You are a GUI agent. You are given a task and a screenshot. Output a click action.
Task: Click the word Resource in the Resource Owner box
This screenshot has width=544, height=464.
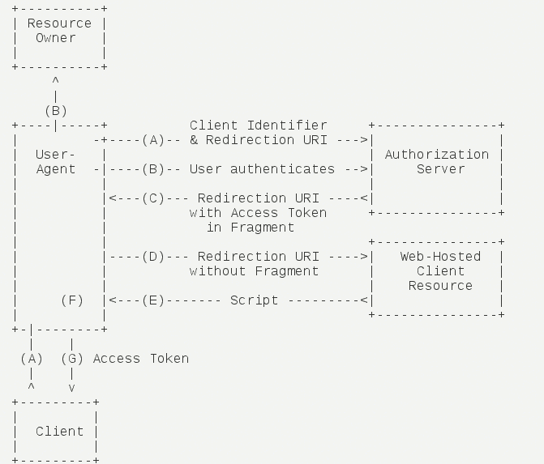click(x=59, y=23)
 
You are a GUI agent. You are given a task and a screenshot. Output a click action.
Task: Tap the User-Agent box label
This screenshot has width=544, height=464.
click(x=56, y=162)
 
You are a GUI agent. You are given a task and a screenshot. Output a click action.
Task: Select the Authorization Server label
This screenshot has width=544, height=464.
click(x=437, y=162)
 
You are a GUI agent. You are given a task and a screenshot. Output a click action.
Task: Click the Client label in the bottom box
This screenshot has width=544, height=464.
click(x=59, y=432)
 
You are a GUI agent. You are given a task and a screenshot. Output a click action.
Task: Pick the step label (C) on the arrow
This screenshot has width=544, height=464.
click(x=152, y=198)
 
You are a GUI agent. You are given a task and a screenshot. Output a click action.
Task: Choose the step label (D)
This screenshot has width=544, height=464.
click(x=152, y=257)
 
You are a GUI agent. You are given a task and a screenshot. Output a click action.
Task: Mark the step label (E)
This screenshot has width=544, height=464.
click(x=152, y=300)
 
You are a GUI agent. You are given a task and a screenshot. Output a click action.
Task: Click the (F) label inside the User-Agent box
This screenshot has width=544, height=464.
click(x=72, y=300)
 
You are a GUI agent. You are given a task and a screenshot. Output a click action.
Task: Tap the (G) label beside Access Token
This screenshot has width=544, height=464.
click(x=72, y=359)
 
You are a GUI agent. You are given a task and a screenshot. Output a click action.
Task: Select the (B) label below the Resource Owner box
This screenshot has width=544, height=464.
click(x=56, y=111)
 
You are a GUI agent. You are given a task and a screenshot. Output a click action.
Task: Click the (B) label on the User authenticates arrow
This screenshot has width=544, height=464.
click(x=152, y=169)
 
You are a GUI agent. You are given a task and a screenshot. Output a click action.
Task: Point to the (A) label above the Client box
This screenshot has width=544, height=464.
click(x=32, y=359)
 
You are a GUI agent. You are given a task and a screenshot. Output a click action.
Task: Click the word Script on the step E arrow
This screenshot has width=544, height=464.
click(x=255, y=300)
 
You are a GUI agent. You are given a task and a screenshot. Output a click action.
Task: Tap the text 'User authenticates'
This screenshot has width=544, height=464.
click(x=262, y=169)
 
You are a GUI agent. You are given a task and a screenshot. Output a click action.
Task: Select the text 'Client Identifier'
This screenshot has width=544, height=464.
click(x=259, y=126)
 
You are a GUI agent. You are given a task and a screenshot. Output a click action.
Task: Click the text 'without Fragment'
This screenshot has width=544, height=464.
click(x=255, y=271)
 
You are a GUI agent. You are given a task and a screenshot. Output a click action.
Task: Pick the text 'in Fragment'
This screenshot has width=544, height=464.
click(x=251, y=228)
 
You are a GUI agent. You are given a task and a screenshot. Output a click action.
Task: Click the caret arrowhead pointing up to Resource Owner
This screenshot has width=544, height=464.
click(x=55, y=82)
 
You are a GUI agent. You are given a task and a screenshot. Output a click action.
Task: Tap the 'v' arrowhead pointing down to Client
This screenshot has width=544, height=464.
click(x=72, y=388)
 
